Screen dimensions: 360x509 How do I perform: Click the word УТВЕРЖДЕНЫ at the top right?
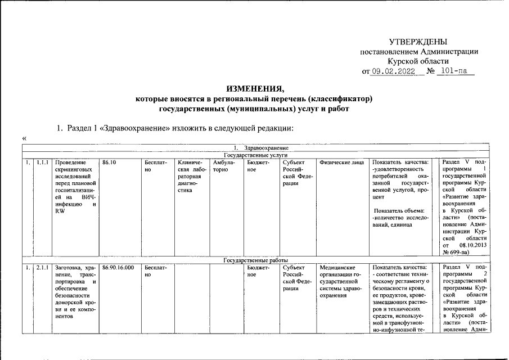418,42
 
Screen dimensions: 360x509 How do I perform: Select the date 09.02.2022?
393,71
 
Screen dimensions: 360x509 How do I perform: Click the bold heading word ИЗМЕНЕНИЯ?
254,89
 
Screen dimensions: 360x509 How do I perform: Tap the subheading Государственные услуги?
255,154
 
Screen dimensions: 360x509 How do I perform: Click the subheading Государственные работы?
255,260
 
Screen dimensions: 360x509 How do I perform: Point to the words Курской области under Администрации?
419,61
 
